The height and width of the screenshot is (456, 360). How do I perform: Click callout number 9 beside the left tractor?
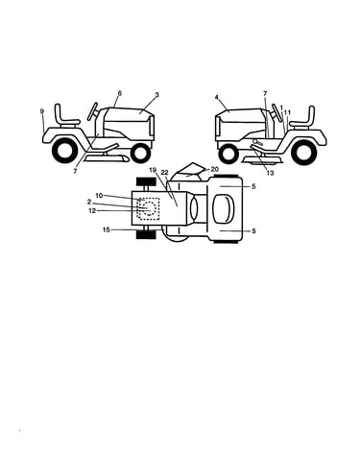point(42,111)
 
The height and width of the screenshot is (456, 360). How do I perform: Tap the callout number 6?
point(120,93)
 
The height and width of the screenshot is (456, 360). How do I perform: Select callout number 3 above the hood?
point(156,95)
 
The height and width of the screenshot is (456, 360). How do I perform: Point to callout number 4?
point(217,97)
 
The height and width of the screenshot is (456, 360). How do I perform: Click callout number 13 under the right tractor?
point(270,173)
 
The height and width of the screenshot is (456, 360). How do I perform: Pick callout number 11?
point(287,112)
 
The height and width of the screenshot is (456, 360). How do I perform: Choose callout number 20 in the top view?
point(214,169)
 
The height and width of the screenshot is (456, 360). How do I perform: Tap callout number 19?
point(153,170)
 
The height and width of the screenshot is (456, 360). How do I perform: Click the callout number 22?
point(164,173)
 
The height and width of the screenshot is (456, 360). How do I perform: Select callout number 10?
point(99,195)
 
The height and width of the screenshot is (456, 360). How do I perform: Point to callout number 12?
point(92,211)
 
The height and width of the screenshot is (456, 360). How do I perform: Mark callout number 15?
point(107,229)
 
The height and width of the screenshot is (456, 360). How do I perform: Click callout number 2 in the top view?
point(89,202)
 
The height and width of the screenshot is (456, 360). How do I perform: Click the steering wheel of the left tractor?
point(93,111)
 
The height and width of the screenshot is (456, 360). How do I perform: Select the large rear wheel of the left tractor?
point(64,150)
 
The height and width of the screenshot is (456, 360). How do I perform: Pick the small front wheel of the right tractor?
point(228,154)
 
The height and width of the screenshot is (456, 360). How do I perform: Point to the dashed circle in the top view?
point(149,207)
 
